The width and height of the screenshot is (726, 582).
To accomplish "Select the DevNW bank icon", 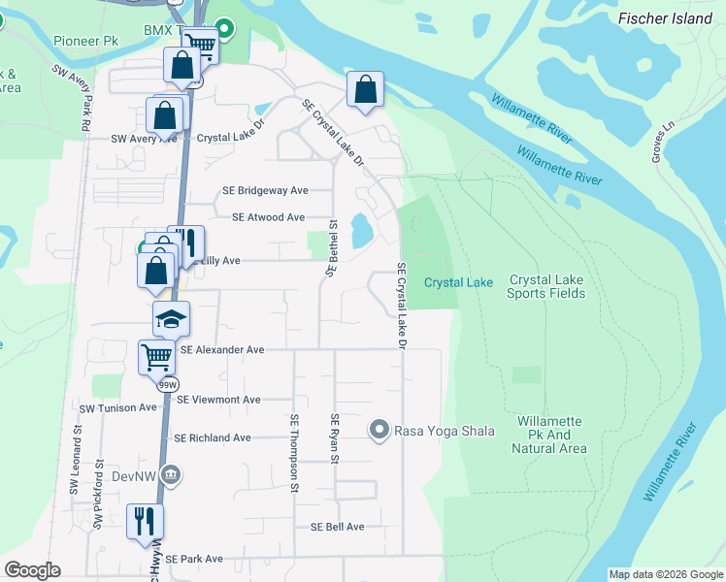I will [x=171, y=473].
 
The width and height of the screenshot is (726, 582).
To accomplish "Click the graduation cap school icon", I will [x=171, y=319].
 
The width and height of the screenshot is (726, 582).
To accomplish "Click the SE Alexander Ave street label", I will [x=221, y=349].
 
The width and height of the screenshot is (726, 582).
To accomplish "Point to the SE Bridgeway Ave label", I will [x=265, y=191].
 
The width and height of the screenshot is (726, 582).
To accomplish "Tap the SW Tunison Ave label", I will [x=118, y=408].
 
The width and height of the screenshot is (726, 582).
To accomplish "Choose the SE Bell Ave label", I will [x=337, y=527].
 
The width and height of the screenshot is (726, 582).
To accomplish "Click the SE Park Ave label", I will [x=193, y=559].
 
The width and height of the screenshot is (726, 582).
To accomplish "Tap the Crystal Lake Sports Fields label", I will [x=544, y=286].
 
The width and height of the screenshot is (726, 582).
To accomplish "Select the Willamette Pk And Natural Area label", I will [x=550, y=435].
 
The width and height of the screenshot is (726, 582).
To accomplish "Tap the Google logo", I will [x=32, y=570].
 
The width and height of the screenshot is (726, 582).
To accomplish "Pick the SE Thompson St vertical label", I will [x=293, y=453].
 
